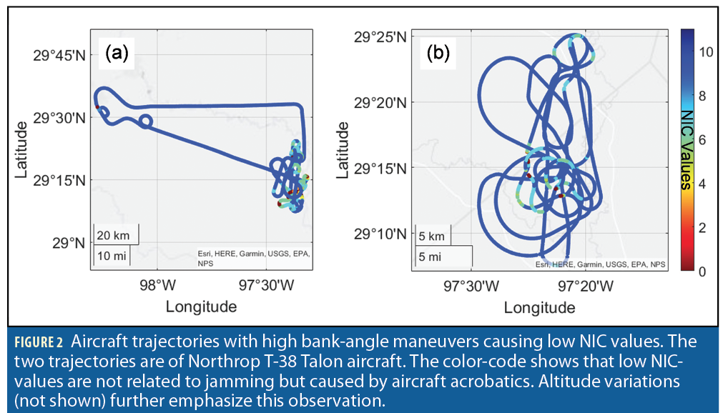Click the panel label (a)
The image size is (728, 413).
[117, 53]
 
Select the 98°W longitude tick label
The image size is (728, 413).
[157, 285]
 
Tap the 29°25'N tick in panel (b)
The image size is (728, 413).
[380, 36]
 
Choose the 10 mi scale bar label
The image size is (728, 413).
[111, 255]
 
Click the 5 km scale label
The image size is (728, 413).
[432, 237]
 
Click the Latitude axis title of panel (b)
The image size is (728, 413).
[343, 150]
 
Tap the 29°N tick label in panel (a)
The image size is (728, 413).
[69, 243]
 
